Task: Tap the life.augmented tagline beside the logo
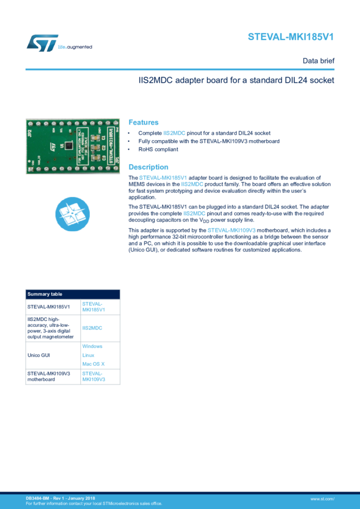click(75, 46)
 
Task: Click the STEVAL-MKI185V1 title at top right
click(291, 37)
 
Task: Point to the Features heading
click(144, 122)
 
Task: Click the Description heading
click(149, 167)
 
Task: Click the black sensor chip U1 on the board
click(70, 146)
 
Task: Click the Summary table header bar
click(72, 294)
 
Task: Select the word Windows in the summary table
click(92, 347)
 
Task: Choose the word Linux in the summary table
click(87, 355)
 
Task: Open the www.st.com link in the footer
click(322, 498)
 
